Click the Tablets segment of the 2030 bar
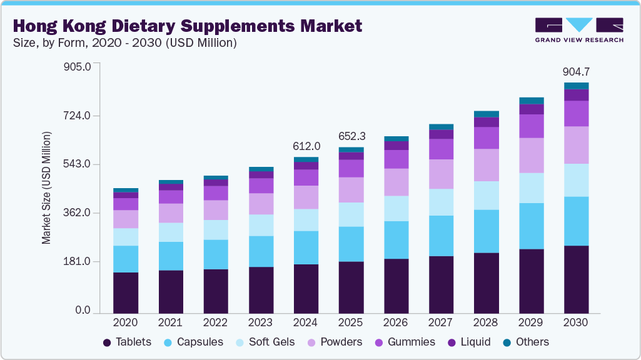click(x=576, y=279)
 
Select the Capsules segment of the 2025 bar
click(x=351, y=244)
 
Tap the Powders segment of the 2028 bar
click(x=486, y=165)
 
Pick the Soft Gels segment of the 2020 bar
click(x=126, y=237)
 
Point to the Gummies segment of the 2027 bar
click(x=441, y=149)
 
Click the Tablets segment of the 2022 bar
click(x=216, y=291)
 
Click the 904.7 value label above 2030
click(x=576, y=72)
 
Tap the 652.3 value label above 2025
click(x=351, y=136)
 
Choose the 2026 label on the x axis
click(x=396, y=323)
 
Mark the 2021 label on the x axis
click(x=171, y=323)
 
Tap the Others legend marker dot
click(x=507, y=342)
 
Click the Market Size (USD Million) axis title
click(x=47, y=187)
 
